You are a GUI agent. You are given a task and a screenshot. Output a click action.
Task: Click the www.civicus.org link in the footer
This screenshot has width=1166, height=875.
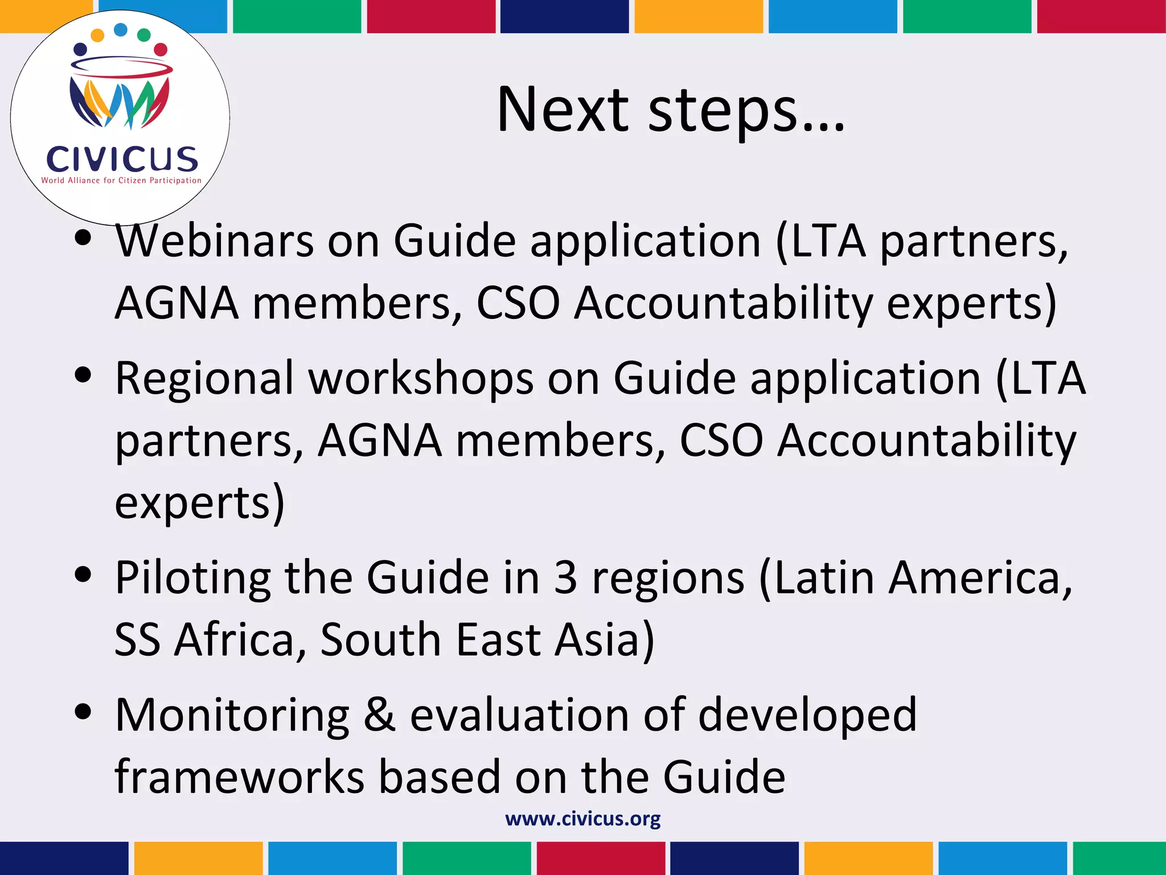[x=582, y=819]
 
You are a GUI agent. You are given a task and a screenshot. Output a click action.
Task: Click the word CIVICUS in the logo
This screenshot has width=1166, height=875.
[x=122, y=159]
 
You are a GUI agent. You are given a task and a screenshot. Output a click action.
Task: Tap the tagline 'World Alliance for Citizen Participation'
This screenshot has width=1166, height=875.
[x=121, y=181]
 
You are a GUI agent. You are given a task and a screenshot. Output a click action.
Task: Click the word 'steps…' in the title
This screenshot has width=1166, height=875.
[x=746, y=111]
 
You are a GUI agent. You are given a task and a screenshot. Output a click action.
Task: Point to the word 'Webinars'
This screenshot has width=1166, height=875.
[x=215, y=240]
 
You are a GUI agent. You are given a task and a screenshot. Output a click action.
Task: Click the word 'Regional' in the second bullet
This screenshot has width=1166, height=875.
[x=204, y=378]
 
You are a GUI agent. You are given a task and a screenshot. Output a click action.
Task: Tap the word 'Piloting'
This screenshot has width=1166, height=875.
[x=192, y=578]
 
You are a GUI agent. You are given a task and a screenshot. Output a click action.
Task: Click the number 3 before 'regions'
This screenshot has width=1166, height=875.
[x=565, y=578]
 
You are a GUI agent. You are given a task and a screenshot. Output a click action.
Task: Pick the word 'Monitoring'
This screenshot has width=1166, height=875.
[x=232, y=715]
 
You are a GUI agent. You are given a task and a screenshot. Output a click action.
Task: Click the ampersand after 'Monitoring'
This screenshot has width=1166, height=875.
[x=380, y=715]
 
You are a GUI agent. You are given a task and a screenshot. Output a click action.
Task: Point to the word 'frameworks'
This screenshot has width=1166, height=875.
[x=239, y=777]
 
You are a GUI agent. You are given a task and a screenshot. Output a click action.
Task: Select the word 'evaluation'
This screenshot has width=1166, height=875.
[x=519, y=715]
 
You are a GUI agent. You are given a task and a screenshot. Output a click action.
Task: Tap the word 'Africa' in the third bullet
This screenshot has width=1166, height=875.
[x=235, y=640]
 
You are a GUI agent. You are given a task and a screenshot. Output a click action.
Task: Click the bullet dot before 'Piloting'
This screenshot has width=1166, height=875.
[x=83, y=575]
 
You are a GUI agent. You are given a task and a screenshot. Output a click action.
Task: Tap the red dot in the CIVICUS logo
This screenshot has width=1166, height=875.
[x=161, y=50]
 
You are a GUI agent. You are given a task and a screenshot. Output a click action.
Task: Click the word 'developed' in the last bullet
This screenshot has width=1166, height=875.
[x=807, y=715]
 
